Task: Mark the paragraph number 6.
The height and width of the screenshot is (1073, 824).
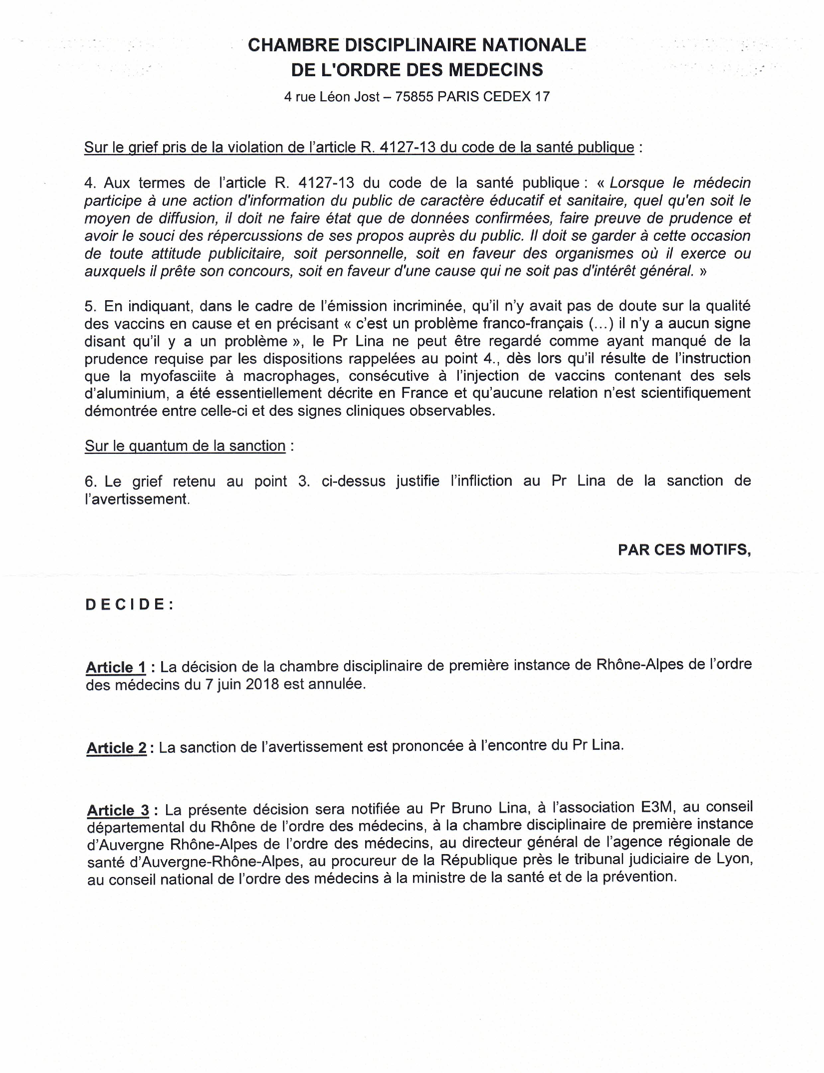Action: click(x=90, y=481)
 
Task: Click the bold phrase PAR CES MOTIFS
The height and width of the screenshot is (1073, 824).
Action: click(x=684, y=549)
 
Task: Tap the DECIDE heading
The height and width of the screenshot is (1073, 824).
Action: click(x=129, y=605)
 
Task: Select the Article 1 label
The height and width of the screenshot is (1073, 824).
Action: click(x=116, y=667)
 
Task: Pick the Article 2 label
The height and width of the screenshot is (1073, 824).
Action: click(x=116, y=748)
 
